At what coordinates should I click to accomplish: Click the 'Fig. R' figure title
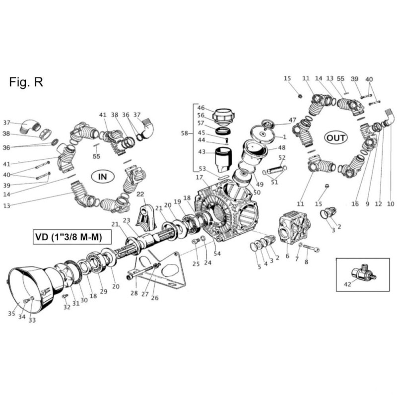[x=26, y=82]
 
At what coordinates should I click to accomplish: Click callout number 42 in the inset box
[x=347, y=284]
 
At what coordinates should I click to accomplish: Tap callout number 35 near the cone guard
[x=11, y=313]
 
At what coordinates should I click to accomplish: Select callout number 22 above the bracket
[x=140, y=194]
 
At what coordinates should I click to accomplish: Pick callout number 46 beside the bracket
[x=201, y=108]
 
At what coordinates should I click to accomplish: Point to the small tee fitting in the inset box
[x=363, y=272]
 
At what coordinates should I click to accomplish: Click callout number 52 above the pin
[x=282, y=158]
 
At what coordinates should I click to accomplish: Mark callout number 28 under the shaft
[x=133, y=293]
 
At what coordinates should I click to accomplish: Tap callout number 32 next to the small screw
[x=66, y=308]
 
